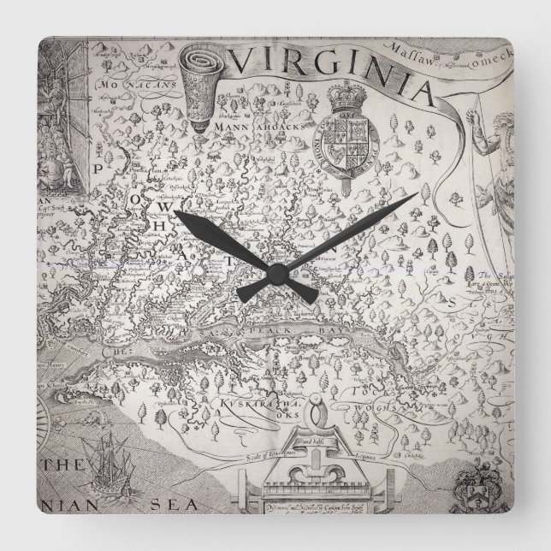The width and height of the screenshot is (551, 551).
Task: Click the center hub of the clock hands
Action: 275,272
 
